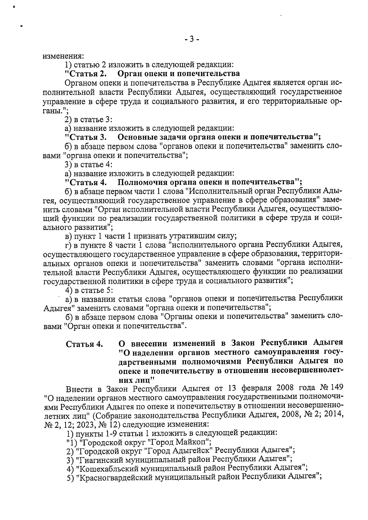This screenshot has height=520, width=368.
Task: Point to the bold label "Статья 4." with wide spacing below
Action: tap(84, 344)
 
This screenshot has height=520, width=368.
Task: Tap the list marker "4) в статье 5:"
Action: tap(89, 290)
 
